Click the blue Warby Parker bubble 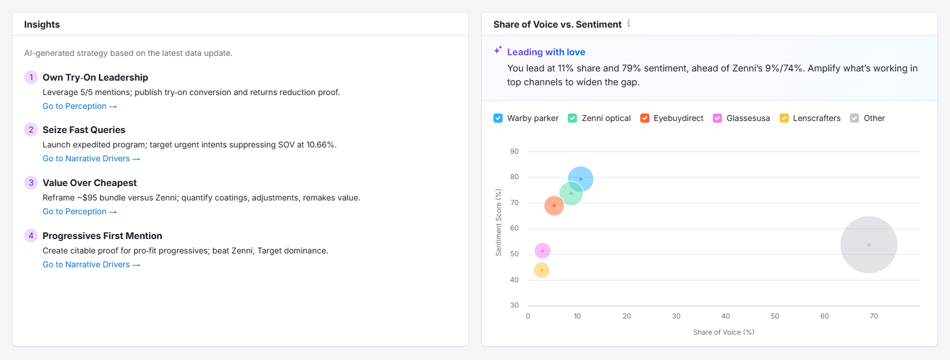coord(580,179)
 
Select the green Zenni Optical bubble coord(571,194)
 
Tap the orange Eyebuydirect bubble coord(554,206)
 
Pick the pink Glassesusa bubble coord(542,251)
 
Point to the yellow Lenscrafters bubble coord(541,270)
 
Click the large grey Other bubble coord(868,245)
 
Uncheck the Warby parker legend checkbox coord(498,118)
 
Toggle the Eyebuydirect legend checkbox coord(645,118)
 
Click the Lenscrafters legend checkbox coord(784,118)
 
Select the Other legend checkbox coord(854,118)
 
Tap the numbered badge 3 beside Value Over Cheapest coord(31,183)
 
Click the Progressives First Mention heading coord(102,236)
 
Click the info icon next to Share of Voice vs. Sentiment coord(629,24)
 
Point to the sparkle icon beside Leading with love coord(498,51)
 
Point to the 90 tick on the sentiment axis coord(514,151)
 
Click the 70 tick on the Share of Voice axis coord(873,316)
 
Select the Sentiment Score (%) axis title coord(499,222)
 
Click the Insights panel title coord(42,24)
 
